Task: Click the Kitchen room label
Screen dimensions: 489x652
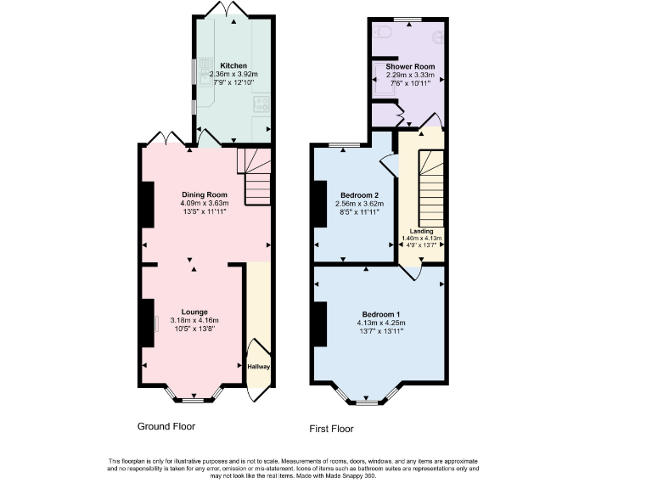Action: (233, 65)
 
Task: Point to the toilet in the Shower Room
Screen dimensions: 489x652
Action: (383, 33)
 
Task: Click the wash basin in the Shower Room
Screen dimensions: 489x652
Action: (438, 37)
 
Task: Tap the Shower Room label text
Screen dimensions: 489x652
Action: (410, 66)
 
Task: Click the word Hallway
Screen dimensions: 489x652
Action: (258, 367)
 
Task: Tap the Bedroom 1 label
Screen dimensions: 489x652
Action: (379, 315)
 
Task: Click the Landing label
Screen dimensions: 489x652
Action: (422, 231)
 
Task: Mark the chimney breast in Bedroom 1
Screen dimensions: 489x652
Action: (321, 323)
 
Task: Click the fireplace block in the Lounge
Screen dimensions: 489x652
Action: (148, 323)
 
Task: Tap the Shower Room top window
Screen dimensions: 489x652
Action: (409, 19)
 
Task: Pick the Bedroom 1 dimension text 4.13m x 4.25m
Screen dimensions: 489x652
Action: (379, 323)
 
